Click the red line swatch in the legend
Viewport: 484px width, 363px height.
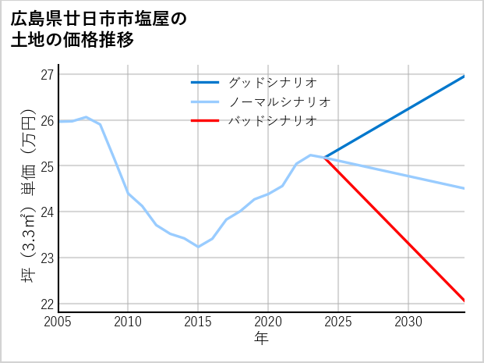pos(206,121)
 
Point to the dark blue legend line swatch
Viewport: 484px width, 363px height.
pos(206,82)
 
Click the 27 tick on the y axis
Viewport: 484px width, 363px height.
pos(47,75)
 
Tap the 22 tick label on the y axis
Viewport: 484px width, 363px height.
pos(47,304)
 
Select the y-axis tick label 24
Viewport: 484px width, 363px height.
pos(47,212)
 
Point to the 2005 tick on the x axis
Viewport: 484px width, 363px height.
pos(58,322)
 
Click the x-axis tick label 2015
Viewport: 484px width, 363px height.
pos(198,322)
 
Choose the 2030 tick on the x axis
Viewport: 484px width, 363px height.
pos(408,322)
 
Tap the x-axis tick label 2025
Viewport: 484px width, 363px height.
pos(338,322)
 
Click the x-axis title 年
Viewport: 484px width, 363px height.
pos(262,339)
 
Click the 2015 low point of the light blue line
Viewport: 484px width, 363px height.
pos(198,247)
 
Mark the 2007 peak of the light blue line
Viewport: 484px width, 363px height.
pos(87,117)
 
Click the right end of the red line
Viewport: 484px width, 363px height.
pos(464,300)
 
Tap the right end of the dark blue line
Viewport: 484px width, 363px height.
pos(464,77)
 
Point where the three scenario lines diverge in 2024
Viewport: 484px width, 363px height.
pos(324,158)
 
